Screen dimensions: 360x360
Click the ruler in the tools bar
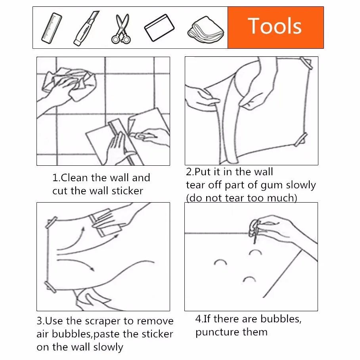[52, 28]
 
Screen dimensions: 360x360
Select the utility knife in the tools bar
[86, 28]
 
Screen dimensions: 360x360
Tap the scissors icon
[121, 29]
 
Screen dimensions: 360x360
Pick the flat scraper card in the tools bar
[159, 28]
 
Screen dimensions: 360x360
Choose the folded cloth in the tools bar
[206, 30]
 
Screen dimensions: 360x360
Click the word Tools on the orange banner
[275, 26]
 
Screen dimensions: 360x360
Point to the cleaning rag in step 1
[69, 84]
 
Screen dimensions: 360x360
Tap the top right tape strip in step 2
[306, 63]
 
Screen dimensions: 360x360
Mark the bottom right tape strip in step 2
[301, 140]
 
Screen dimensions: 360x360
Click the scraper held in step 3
[105, 223]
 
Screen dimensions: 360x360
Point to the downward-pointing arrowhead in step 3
[92, 269]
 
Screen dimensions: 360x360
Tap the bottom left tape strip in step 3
[50, 287]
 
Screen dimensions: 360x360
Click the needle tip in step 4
[255, 243]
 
